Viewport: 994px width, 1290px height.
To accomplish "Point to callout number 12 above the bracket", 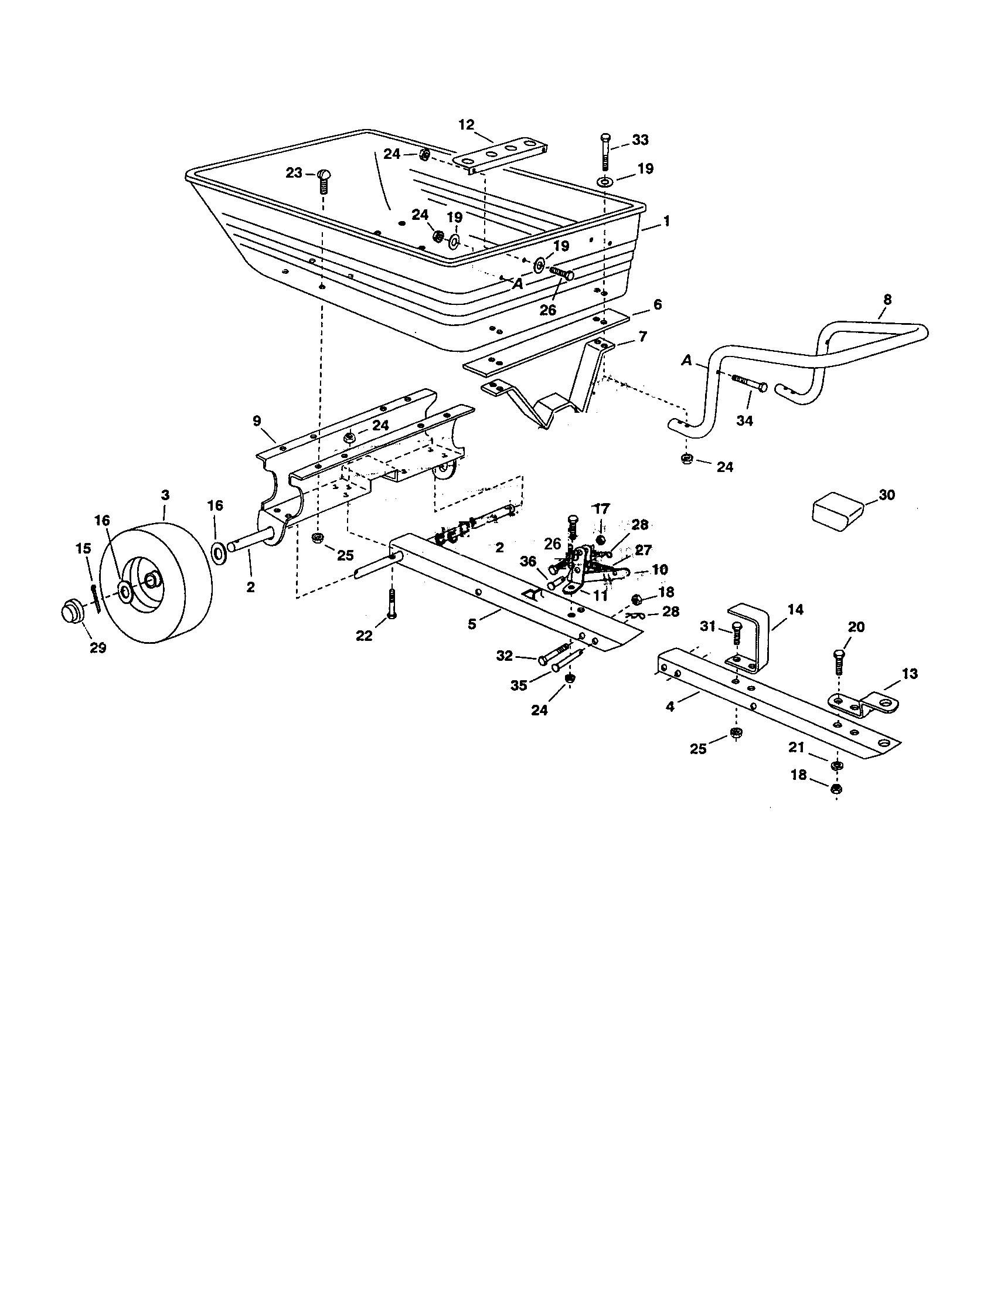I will pyautogui.click(x=467, y=125).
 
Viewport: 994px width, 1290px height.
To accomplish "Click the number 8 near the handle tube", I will pyautogui.click(x=887, y=300).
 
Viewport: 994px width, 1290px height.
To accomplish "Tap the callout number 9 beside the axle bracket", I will pyautogui.click(x=257, y=421).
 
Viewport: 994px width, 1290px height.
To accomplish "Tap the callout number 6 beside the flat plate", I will pyautogui.click(x=658, y=305).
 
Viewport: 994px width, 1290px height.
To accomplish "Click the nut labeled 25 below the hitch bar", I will pyautogui.click(x=736, y=733).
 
